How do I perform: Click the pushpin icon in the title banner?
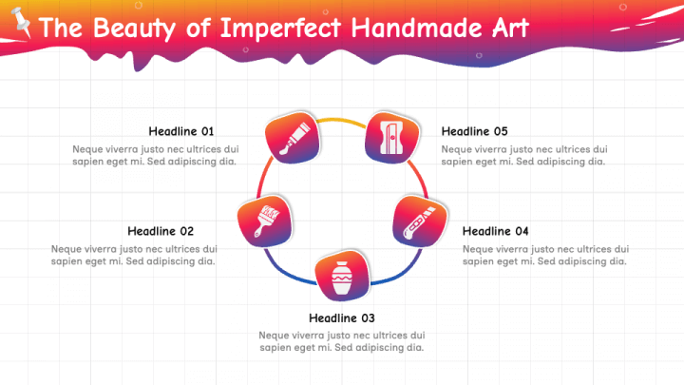[20, 24]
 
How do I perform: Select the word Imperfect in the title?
[280, 28]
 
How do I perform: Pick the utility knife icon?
[417, 221]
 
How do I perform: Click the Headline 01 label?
[181, 131]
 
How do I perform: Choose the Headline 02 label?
[161, 231]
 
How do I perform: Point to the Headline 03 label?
[342, 318]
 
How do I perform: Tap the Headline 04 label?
[495, 231]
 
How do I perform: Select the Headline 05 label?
[475, 131]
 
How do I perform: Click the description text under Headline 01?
[155, 155]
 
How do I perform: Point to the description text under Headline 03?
[342, 341]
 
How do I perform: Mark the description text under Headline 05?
[524, 155]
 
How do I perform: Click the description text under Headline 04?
[545, 255]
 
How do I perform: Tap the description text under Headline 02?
[133, 255]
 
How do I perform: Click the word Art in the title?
[510, 28]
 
